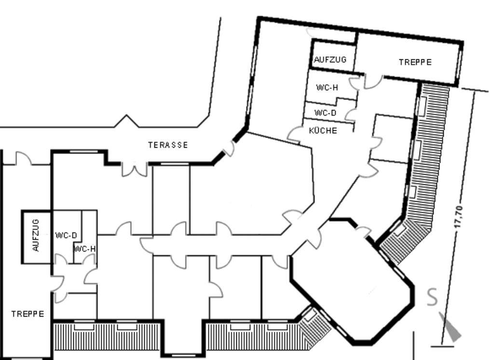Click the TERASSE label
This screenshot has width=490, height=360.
[x=168, y=145]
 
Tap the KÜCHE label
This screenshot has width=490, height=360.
[x=323, y=130]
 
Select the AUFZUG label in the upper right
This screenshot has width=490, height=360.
[x=330, y=59]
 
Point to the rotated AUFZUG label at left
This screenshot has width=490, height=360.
[x=36, y=235]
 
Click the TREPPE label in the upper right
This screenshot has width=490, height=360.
[x=415, y=62]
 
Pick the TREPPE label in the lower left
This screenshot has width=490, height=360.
[x=28, y=314]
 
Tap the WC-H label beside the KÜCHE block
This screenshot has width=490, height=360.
[x=327, y=87]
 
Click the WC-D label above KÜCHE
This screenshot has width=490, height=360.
[x=325, y=113]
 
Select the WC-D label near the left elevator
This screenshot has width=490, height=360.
[x=66, y=235]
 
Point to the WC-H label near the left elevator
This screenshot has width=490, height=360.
[x=84, y=249]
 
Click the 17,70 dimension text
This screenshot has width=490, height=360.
[x=459, y=217]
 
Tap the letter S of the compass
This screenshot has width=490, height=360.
[x=432, y=297]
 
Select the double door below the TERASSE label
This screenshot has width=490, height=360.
[x=135, y=169]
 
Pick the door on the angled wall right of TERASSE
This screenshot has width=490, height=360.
[x=230, y=149]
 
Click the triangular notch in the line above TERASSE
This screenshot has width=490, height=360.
[x=126, y=121]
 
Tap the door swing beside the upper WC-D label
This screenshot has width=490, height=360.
[x=351, y=115]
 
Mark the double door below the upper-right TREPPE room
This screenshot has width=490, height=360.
[x=366, y=82]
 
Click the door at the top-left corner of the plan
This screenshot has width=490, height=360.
[x=24, y=158]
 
